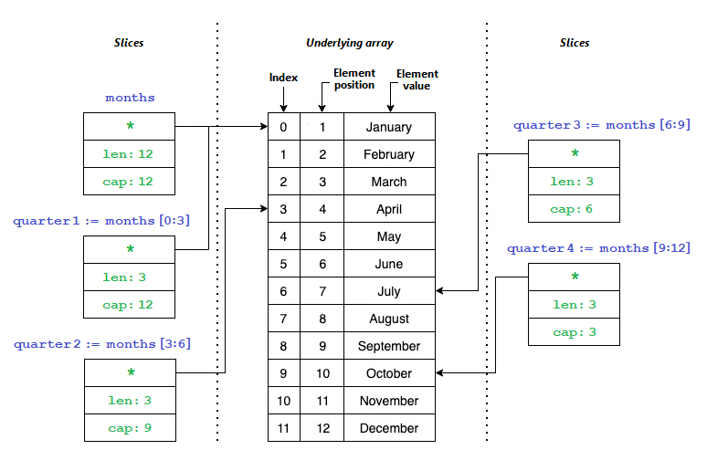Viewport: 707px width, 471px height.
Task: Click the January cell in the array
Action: tap(389, 127)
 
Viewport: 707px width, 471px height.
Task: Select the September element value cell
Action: tap(389, 346)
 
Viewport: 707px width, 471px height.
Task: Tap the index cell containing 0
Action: tap(283, 127)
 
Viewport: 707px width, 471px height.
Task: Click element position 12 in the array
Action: tap(322, 428)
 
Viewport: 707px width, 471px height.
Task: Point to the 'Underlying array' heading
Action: tap(350, 43)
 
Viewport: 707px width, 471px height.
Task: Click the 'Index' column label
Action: tap(283, 78)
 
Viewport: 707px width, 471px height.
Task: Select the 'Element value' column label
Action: tap(417, 79)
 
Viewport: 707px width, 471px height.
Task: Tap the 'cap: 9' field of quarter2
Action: tap(130, 428)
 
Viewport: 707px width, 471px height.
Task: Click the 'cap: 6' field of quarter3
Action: tap(574, 209)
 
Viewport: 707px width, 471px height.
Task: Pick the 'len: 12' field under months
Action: tap(130, 154)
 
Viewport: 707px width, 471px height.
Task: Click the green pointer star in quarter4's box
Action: tap(575, 276)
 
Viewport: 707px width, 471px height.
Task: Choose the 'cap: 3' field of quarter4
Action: tap(574, 332)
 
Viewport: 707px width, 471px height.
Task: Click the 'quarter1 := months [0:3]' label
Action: tap(101, 220)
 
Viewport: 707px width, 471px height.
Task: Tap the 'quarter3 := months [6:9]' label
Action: tap(602, 125)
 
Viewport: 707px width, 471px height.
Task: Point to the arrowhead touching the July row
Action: tap(439, 290)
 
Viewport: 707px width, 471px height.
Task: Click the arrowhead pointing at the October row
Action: tap(439, 372)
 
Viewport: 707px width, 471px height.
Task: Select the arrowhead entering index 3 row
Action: tap(264, 208)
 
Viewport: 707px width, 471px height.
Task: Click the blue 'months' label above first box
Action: tap(130, 98)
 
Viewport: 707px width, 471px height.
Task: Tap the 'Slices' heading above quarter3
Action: tap(575, 43)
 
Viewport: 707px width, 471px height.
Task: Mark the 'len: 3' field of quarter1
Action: tap(130, 277)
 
